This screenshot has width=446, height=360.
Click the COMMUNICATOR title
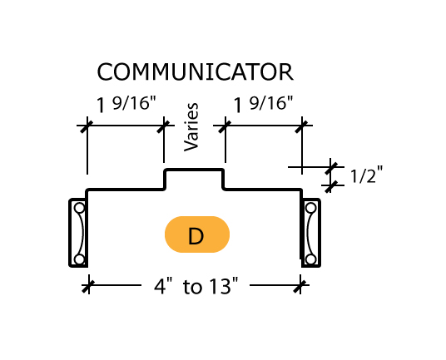click(195, 72)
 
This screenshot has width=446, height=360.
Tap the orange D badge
click(197, 234)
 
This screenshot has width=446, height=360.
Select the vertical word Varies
click(191, 127)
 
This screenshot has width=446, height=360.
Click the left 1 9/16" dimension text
click(126, 104)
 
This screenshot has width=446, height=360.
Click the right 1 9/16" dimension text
click(263, 104)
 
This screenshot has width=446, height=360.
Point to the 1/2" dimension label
click(366, 175)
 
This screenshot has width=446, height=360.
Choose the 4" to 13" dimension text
click(196, 286)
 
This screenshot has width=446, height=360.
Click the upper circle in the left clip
click(79, 208)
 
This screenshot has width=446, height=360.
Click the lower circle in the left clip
click(79, 259)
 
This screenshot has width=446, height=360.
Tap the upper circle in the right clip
click(310, 208)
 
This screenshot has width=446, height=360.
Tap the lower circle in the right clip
click(310, 259)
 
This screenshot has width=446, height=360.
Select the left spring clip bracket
click(70, 233)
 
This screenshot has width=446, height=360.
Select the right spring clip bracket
click(320, 233)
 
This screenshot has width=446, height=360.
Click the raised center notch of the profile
click(195, 170)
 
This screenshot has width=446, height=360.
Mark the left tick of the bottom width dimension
click(87, 285)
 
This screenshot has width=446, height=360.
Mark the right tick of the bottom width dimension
click(300, 285)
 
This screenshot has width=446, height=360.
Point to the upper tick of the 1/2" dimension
click(331, 168)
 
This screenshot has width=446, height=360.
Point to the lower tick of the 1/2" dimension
click(331, 186)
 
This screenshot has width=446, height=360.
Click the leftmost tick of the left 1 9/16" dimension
click(87, 126)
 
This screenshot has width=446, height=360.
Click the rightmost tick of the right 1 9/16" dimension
click(301, 126)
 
